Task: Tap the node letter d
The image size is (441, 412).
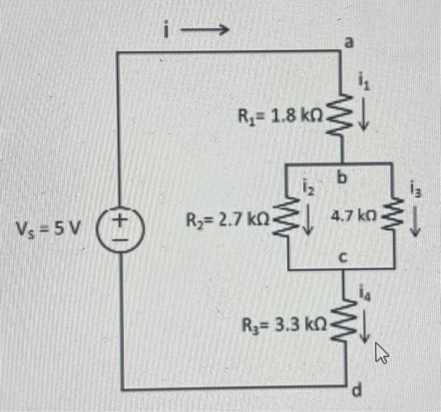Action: tap(356, 394)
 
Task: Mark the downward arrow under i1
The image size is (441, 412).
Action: tap(364, 118)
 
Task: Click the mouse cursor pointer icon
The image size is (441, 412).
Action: tap(381, 354)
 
